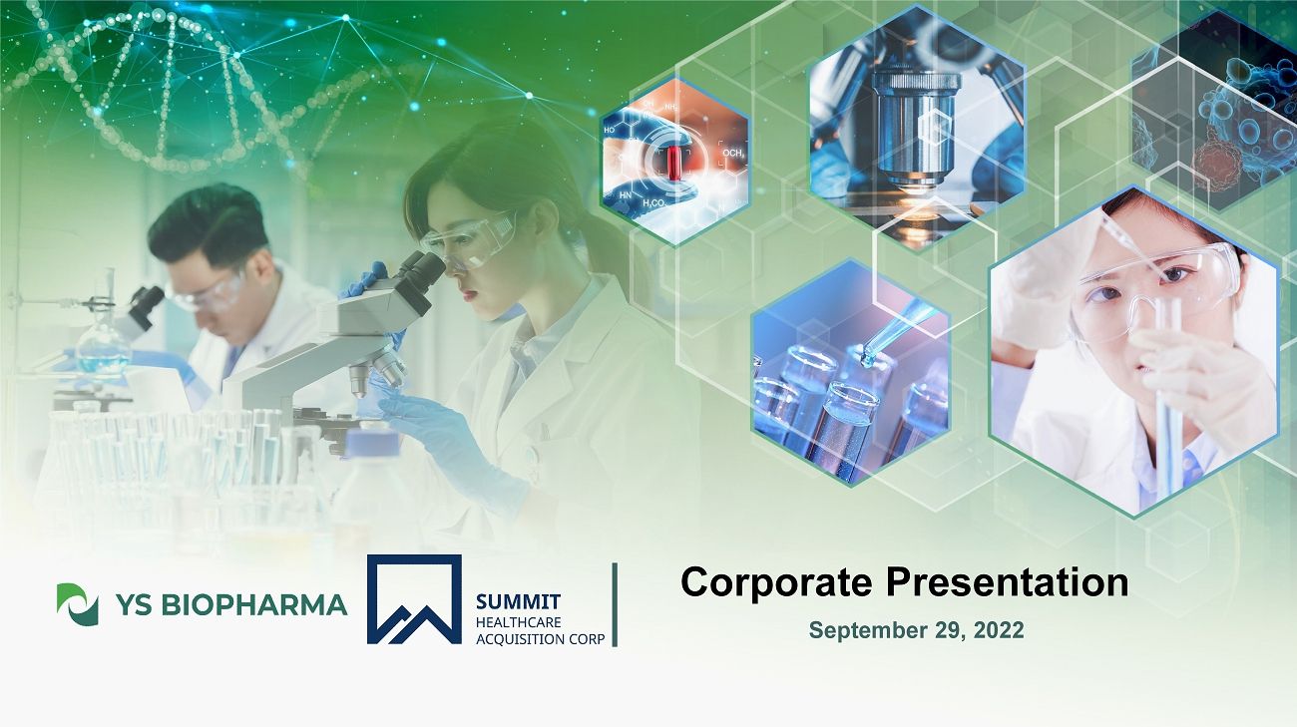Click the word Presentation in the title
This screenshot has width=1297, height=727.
click(x=1007, y=582)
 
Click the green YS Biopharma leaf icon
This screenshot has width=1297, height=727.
click(x=77, y=604)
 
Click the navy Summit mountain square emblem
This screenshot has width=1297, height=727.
click(x=414, y=599)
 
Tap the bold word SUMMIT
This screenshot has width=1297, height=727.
click(x=518, y=601)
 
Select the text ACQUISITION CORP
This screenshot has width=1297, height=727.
click(x=540, y=639)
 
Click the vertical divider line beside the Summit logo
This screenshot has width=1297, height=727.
click(x=615, y=604)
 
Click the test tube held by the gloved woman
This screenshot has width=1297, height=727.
click(x=1168, y=399)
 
